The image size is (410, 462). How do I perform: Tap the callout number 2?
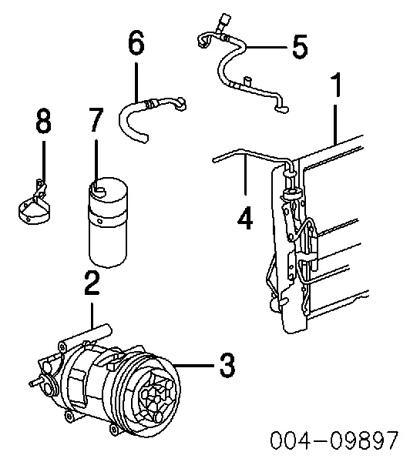[x=92, y=285]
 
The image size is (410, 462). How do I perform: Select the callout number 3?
[x=225, y=364]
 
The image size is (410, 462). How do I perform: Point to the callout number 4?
[x=244, y=218]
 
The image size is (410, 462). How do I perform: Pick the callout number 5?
[x=298, y=48]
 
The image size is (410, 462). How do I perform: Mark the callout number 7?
[x=94, y=122]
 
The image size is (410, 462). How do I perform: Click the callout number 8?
[x=43, y=121]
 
